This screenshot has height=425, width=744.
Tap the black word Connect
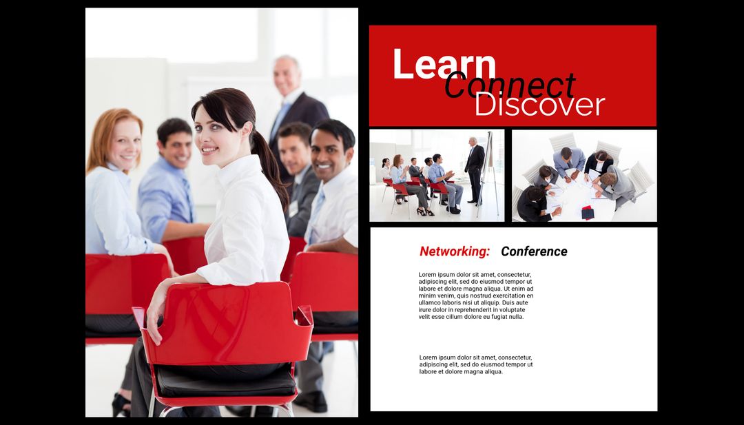510,86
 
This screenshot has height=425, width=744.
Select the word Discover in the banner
539,105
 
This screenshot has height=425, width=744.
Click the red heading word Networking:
455,251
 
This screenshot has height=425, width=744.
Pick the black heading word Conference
534,251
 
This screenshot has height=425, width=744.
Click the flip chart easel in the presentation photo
488,172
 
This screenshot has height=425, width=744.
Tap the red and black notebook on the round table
588,212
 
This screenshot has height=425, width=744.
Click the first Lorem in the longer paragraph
428,274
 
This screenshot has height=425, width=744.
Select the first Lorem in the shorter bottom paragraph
429,357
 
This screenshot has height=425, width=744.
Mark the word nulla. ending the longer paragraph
515,317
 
